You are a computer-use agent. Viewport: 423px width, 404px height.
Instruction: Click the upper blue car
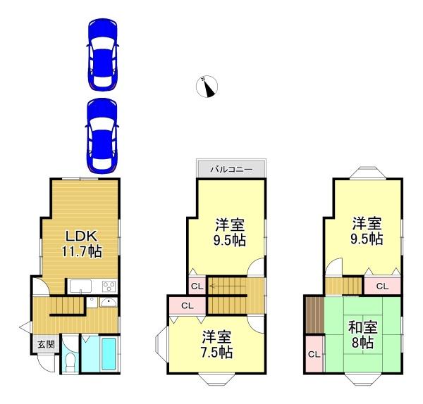click(x=102, y=54)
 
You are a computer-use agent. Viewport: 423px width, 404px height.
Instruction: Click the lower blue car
click(x=102, y=134)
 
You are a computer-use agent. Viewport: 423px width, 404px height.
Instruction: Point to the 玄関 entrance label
click(x=45, y=345)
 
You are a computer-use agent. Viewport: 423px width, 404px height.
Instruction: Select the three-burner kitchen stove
click(x=109, y=286)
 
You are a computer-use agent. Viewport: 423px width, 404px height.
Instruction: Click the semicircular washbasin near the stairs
click(x=107, y=303)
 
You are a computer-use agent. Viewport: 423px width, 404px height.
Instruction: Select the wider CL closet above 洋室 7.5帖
click(x=188, y=305)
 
